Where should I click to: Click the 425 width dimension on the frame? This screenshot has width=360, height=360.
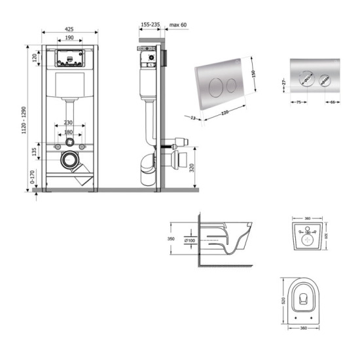[x=69, y=29]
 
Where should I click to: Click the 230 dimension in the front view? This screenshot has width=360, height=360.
[x=69, y=123]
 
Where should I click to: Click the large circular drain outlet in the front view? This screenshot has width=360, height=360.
[x=69, y=158]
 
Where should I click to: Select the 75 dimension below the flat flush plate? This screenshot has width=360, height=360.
[x=297, y=102]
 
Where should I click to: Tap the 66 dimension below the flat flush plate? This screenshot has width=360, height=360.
[x=334, y=102]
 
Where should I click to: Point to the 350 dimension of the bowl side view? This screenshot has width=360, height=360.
[x=172, y=240]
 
